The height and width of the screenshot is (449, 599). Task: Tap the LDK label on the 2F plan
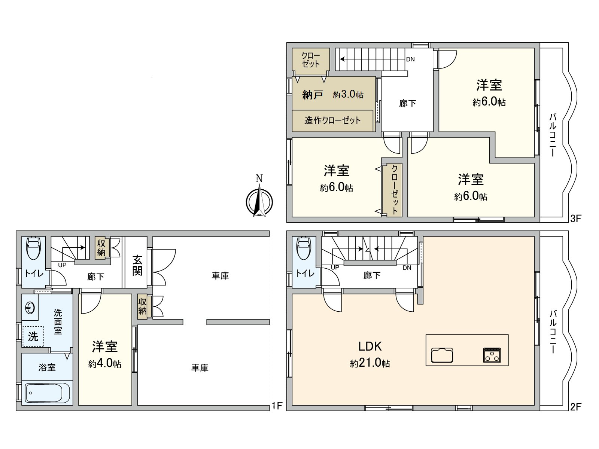pyautogui.click(x=370, y=346)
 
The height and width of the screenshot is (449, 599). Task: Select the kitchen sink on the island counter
pyautogui.click(x=442, y=355)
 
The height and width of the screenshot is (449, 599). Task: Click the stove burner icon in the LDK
pyautogui.click(x=492, y=355)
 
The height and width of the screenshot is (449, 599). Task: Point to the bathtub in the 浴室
pyautogui.click(x=48, y=393)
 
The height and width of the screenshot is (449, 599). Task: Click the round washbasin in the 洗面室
pyautogui.click(x=30, y=308)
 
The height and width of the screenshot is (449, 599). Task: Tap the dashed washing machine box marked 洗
pyautogui.click(x=33, y=336)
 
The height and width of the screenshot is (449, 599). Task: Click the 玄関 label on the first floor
pyautogui.click(x=137, y=265)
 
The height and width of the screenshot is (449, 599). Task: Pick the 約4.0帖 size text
pyautogui.click(x=105, y=363)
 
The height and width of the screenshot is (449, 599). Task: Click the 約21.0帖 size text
pyautogui.click(x=370, y=363)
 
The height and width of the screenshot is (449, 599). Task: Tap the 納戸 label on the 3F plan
pyautogui.click(x=313, y=95)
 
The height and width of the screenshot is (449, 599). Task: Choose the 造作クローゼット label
pyautogui.click(x=332, y=120)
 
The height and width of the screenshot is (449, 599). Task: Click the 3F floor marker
pyautogui.click(x=575, y=219)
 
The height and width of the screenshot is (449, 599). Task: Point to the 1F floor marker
pyautogui.click(x=276, y=406)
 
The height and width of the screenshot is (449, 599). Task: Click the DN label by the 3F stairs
pyautogui.click(x=410, y=59)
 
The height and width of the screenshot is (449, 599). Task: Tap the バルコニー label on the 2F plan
pyautogui.click(x=553, y=332)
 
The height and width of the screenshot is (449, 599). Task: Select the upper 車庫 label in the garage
pyautogui.click(x=220, y=276)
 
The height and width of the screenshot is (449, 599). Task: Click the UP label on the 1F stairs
pyautogui.click(x=62, y=265)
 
